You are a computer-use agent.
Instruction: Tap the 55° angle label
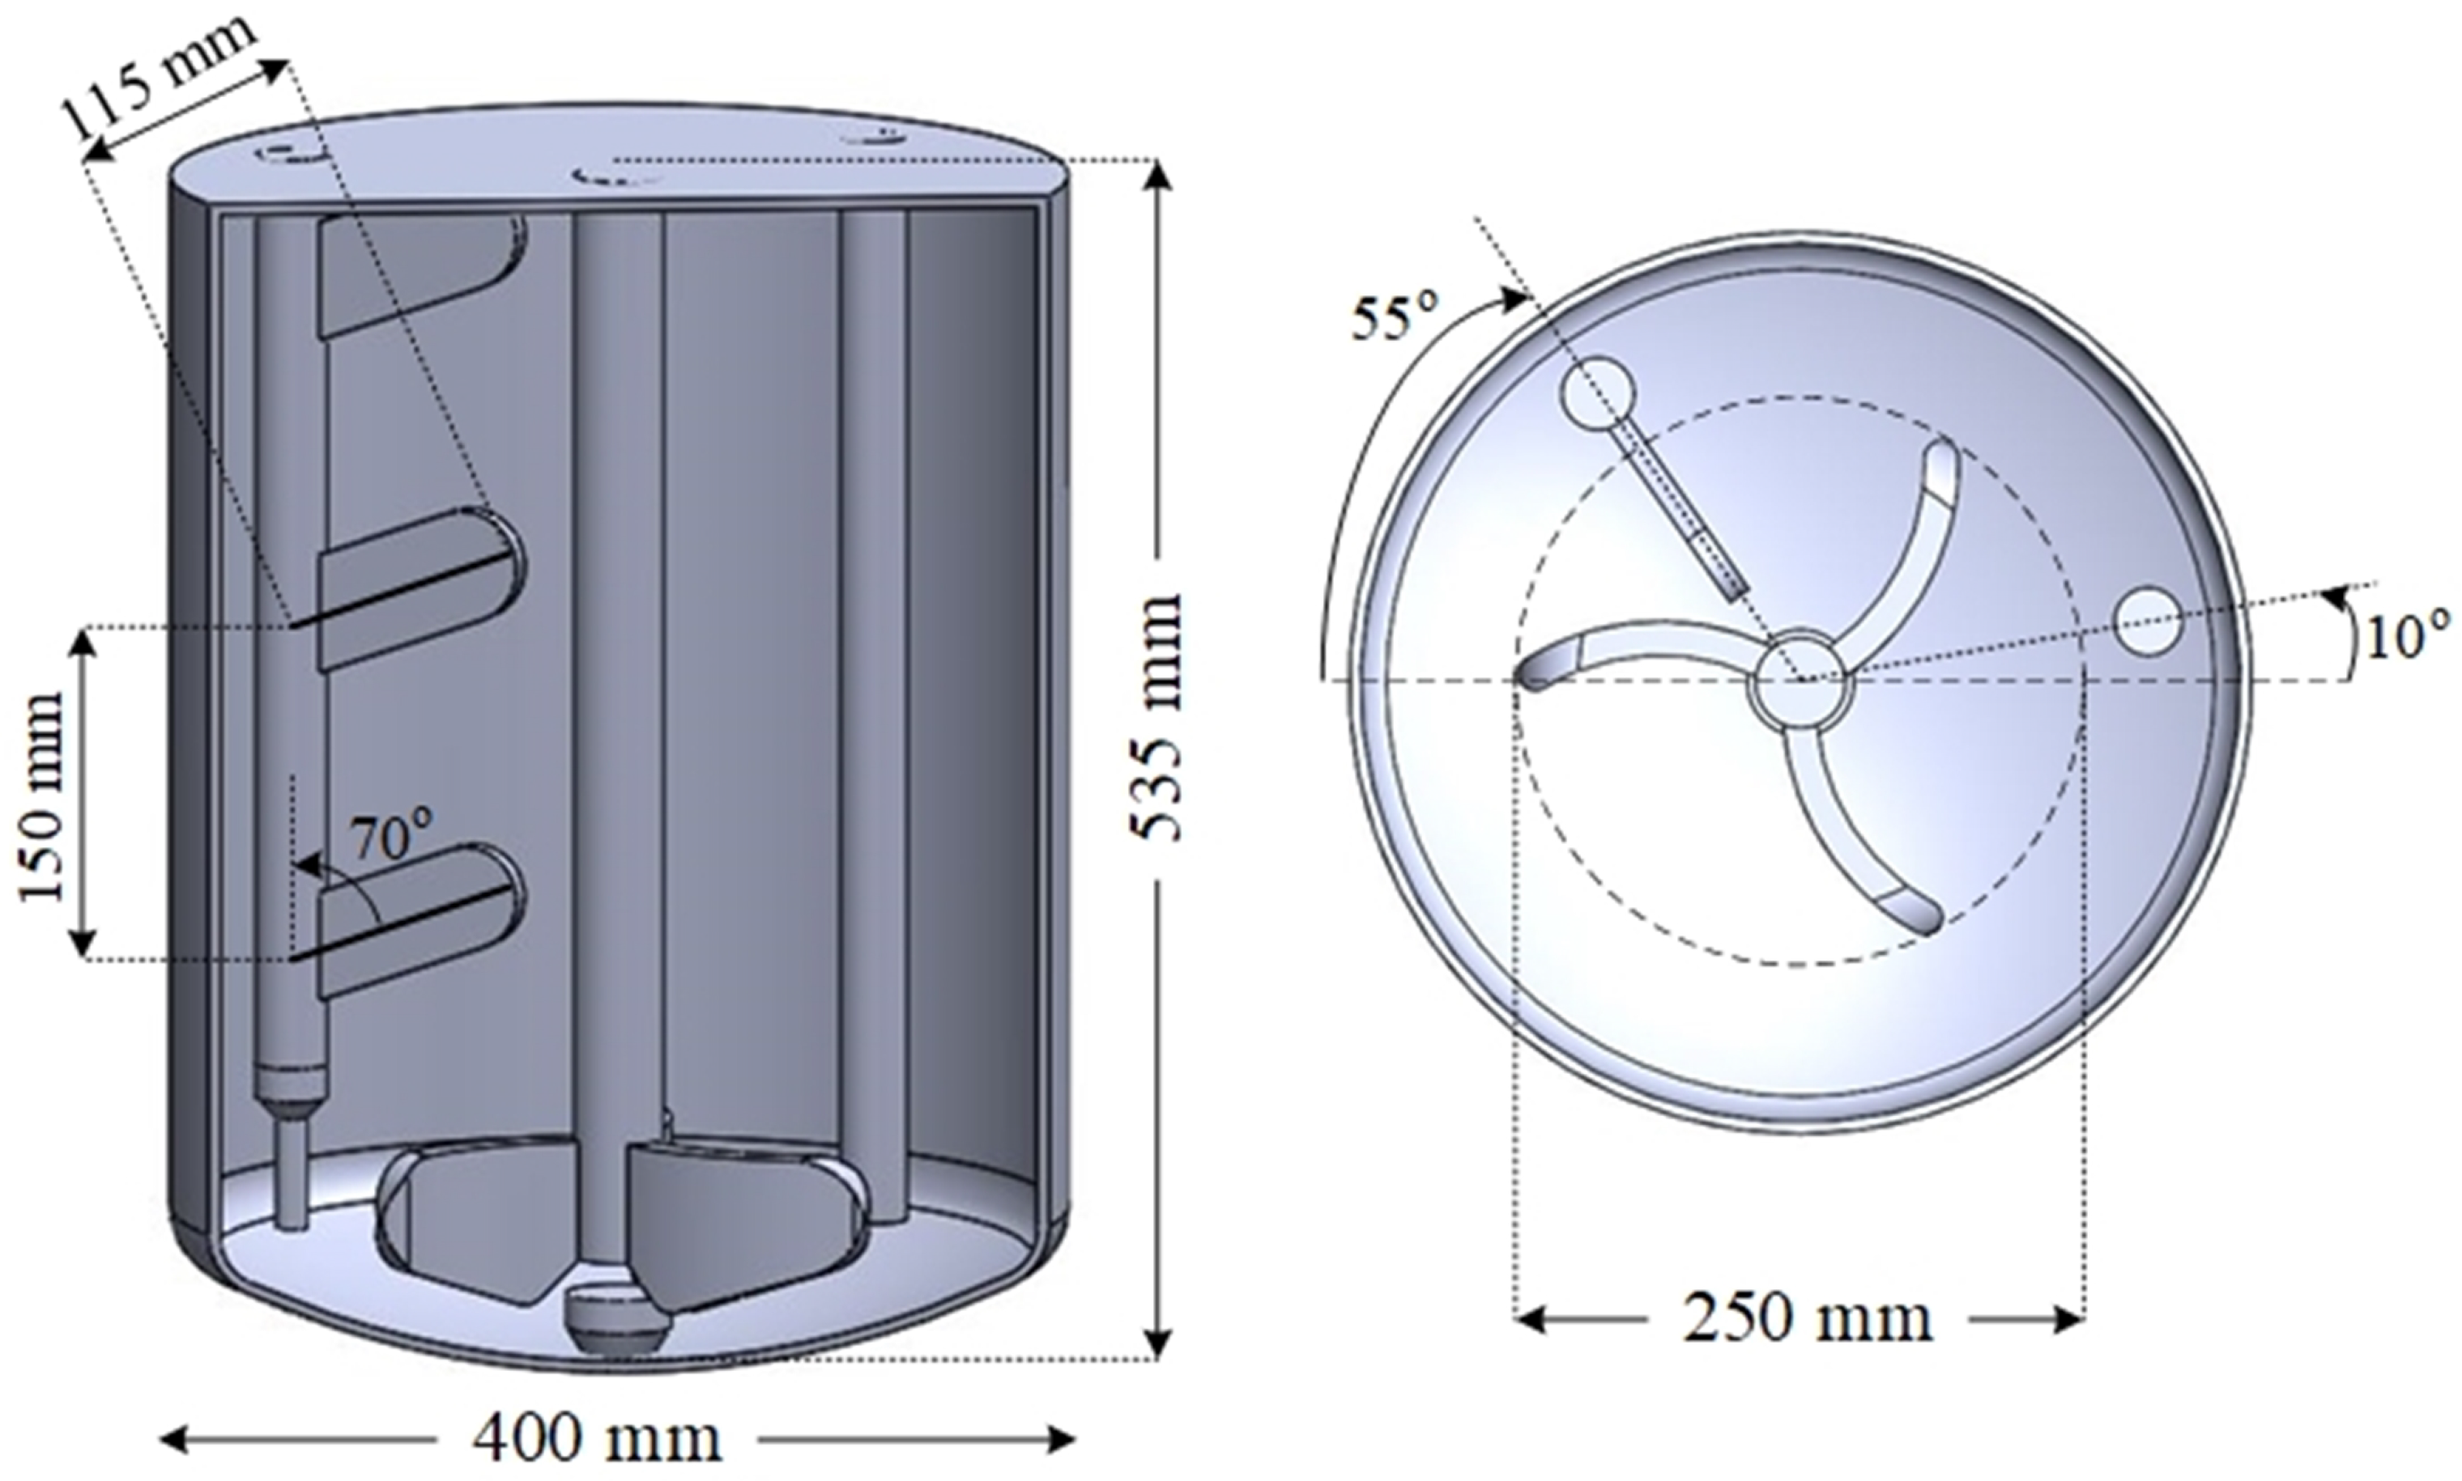click(1394, 318)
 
